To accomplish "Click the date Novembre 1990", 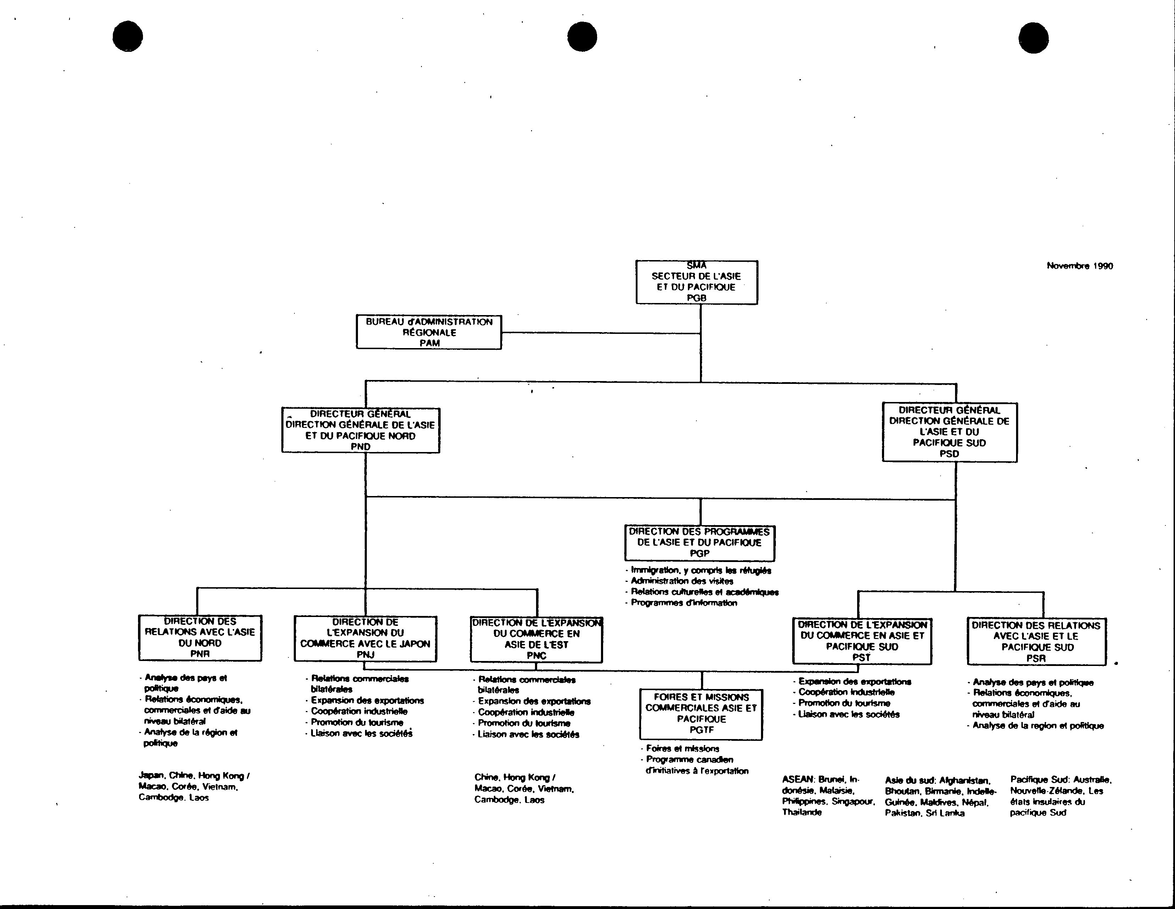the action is [1080, 266].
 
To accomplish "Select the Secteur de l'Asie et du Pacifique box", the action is [697, 282].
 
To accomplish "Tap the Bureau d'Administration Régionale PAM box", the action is [429, 332].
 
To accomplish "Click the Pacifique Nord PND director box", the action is [360, 430].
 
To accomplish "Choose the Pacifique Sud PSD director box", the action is [950, 432].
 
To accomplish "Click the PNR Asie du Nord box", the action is [200, 638].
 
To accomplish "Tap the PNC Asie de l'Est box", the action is [536, 639].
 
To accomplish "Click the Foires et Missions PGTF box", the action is [701, 714].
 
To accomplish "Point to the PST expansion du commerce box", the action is [862, 641].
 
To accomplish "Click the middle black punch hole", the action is [582, 37].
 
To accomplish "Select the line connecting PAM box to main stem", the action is [601, 332].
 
